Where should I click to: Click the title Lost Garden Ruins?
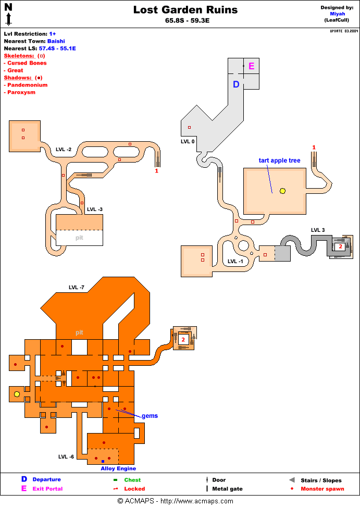(185, 10)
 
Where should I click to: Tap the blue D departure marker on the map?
(236, 84)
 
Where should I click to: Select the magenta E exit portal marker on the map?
(251, 66)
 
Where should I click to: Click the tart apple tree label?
(279, 160)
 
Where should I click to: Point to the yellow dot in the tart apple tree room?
(282, 191)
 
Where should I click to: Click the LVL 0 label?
(188, 141)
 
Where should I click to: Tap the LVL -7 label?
(77, 287)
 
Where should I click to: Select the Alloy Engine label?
(118, 468)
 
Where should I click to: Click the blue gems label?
(150, 416)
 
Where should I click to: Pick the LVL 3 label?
(318, 230)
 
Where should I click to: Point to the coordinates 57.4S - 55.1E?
(57, 48)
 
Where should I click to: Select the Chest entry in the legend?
(132, 480)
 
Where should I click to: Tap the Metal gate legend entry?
(227, 489)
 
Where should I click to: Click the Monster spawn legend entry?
(322, 489)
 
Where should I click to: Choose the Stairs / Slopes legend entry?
(321, 480)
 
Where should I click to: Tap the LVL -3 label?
(95, 209)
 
